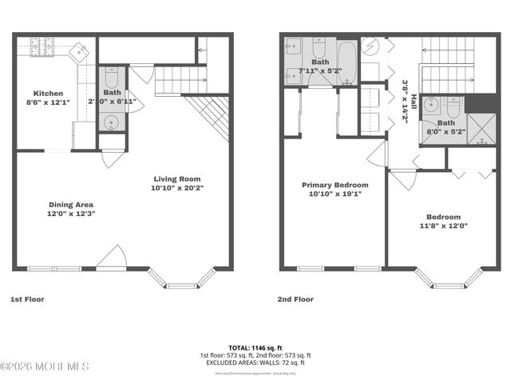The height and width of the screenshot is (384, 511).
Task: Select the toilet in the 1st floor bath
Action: point(111,80)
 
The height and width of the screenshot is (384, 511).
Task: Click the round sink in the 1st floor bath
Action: point(111,122)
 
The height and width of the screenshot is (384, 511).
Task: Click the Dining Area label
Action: point(71,204)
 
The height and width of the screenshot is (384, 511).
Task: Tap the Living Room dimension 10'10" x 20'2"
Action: point(177,188)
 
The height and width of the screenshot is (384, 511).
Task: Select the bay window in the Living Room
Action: point(183,279)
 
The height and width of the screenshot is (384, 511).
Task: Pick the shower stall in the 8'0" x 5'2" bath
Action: point(481,130)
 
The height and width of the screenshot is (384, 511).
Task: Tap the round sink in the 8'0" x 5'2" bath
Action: point(430,103)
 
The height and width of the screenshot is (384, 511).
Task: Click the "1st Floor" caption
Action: point(26,299)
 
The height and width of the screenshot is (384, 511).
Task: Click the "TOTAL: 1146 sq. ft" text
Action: point(255,348)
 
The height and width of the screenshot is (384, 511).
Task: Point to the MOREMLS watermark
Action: point(45,366)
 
